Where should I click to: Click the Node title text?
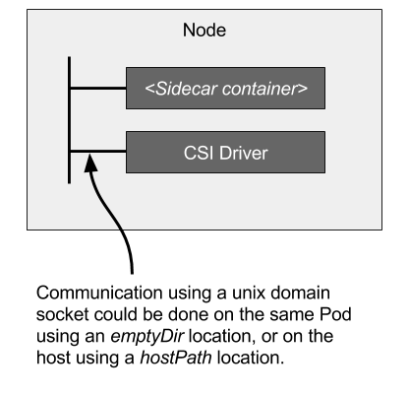[204, 31]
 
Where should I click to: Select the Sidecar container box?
[225, 89]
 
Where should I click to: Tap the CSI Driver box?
[225, 153]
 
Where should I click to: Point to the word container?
[260, 89]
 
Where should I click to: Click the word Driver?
[242, 153]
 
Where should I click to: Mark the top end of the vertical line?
[70, 59]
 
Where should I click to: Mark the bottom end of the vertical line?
[70, 182]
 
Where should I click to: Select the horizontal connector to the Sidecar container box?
[98, 89]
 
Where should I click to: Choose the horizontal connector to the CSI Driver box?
[98, 152]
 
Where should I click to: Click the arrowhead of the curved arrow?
[90, 162]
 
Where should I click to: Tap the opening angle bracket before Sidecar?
[148, 90]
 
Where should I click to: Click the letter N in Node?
[189, 31]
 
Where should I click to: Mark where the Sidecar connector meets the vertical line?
[70, 89]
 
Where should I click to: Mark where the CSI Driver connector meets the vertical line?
[70, 152]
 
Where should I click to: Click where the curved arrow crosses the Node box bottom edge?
[122, 229]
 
